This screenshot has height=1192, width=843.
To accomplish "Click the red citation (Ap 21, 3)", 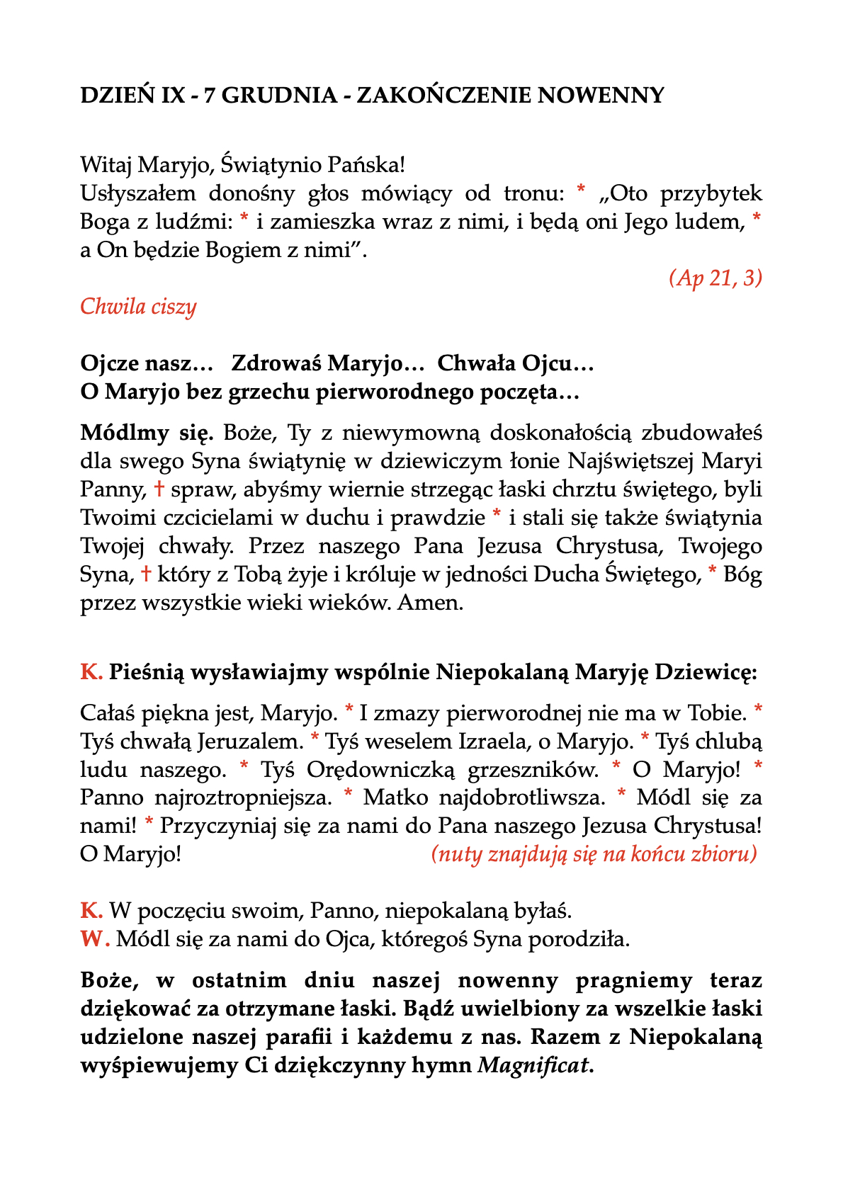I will point(715,278).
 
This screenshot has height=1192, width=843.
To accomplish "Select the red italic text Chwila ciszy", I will point(138,307).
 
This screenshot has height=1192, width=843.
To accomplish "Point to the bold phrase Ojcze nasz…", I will point(147,363).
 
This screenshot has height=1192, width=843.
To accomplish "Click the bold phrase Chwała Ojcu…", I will point(515,363).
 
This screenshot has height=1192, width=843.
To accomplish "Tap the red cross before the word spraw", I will point(159,489).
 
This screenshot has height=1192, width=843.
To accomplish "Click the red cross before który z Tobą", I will point(145,574).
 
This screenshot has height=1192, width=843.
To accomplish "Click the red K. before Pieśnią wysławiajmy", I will point(91,672).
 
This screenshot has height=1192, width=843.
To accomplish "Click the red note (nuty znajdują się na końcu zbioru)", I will point(594,854).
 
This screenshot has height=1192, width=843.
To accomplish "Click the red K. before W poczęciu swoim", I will point(91,911).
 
